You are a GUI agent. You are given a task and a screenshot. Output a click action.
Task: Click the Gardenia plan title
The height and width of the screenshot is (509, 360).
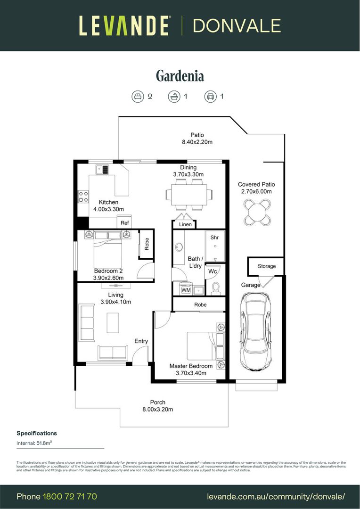coord(180,76)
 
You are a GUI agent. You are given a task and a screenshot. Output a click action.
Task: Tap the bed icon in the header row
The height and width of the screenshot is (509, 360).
coord(137,97)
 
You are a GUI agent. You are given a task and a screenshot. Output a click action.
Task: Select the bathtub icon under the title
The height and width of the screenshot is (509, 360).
coord(174,97)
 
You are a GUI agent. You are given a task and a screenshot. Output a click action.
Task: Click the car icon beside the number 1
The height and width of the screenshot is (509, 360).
coord(210,97)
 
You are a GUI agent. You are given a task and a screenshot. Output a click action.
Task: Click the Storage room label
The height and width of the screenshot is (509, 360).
coord(266,266)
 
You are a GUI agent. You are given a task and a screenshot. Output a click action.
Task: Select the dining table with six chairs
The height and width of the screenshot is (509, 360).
coord(188,194)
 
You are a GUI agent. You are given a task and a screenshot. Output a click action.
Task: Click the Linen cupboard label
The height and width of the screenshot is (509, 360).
coord(185,224)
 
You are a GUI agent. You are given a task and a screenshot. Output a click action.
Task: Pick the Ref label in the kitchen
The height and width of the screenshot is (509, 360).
coord(124,223)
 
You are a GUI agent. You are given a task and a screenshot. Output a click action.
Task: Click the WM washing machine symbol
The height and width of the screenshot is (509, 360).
coord(186,290)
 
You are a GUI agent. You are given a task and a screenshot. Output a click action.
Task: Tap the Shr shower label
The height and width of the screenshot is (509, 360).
coord(214,238)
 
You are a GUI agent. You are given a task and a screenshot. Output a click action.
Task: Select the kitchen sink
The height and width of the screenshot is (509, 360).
coord(102,169)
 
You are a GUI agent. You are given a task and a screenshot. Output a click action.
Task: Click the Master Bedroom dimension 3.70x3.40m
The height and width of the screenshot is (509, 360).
coord(191,373)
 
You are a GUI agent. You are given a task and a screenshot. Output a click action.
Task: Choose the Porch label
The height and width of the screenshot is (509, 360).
coord(157,402)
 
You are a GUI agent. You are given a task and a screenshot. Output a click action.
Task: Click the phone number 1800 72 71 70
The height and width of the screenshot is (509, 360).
coord(70,496)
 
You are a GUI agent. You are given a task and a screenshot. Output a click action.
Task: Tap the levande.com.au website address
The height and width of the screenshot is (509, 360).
coord(276,496)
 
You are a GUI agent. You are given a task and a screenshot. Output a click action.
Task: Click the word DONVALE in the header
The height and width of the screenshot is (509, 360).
coord(237,25)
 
